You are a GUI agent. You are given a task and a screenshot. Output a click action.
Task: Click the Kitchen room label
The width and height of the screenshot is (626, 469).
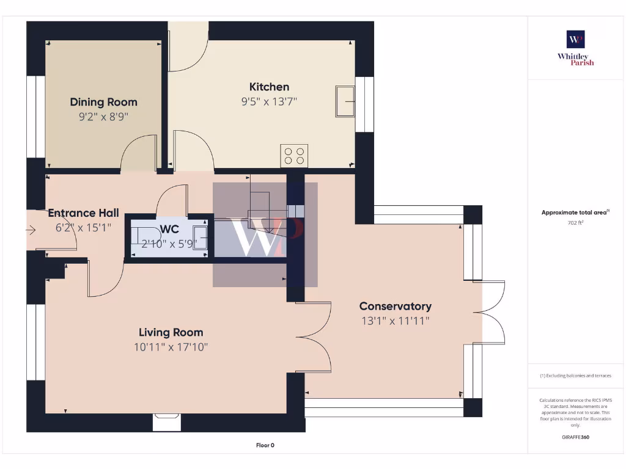[x=269, y=87]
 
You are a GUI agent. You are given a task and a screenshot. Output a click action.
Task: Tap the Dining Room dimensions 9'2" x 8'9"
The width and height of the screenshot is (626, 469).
[x=103, y=117]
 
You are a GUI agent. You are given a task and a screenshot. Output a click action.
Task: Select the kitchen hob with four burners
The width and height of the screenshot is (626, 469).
[x=294, y=156]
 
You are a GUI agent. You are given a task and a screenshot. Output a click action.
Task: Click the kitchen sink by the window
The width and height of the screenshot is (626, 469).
[x=345, y=100]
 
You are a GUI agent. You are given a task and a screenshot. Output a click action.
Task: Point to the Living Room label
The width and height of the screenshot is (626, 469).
[x=171, y=332]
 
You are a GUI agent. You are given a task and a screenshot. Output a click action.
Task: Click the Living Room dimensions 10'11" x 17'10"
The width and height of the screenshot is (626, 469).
[x=171, y=347]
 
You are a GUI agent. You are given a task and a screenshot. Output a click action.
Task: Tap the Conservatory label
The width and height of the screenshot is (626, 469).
[x=395, y=306]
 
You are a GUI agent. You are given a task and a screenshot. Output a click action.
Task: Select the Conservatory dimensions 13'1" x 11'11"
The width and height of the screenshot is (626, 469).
[x=395, y=321]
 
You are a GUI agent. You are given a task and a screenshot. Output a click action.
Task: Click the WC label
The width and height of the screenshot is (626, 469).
[x=169, y=229]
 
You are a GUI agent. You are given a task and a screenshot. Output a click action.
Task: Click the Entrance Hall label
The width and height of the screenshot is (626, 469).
[x=83, y=213]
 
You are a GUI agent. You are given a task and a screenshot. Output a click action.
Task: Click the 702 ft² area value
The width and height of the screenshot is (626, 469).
[x=575, y=224]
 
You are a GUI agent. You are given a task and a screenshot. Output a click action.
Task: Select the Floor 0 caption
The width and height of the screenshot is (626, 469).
[x=265, y=445]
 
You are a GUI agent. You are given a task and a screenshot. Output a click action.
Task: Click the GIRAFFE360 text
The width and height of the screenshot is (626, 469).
[x=575, y=437]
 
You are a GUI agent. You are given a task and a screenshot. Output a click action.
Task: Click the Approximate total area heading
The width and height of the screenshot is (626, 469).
[x=575, y=213]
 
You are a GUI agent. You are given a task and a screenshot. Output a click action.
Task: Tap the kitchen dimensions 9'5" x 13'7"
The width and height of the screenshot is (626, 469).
[x=269, y=102]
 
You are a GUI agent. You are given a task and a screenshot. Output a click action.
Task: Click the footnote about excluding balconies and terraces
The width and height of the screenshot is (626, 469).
[x=575, y=376]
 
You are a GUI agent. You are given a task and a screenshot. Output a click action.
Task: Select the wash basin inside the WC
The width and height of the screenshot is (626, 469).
[x=200, y=235]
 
